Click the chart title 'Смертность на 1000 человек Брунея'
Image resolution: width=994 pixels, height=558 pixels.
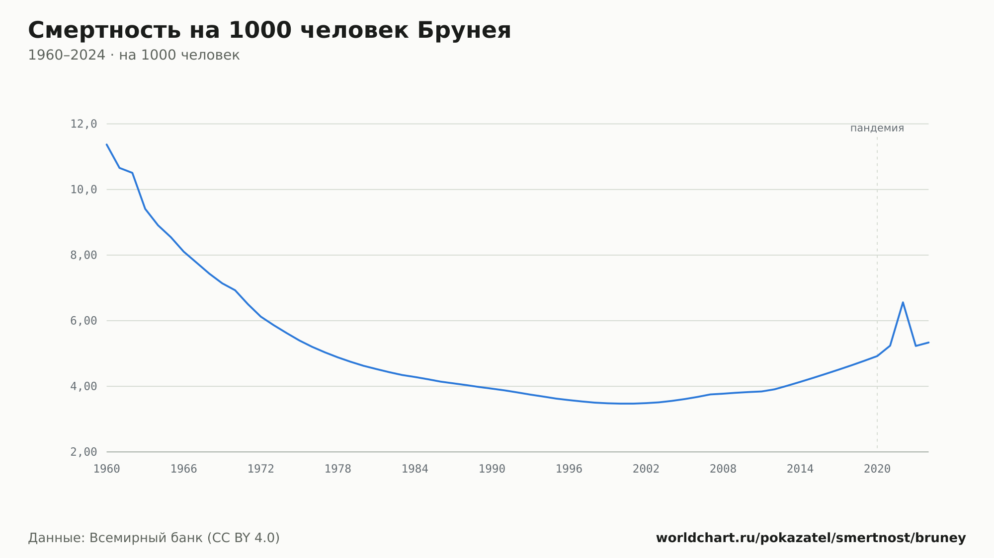click(x=269, y=30)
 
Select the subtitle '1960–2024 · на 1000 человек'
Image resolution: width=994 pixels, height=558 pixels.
click(x=134, y=55)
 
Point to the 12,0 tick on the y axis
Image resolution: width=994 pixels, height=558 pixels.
click(x=83, y=124)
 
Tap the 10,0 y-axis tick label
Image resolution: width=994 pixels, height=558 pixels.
click(x=83, y=190)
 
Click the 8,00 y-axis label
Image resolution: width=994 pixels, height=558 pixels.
click(x=83, y=255)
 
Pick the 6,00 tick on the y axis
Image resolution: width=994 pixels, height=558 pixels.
click(x=83, y=321)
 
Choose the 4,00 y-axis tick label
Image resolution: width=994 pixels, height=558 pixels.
click(x=83, y=386)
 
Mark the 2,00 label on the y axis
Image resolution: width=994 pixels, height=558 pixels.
click(x=83, y=452)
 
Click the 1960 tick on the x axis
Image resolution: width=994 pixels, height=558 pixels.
click(x=107, y=469)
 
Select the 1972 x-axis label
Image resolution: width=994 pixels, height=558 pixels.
click(x=261, y=469)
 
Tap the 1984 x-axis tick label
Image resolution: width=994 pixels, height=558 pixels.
click(x=415, y=469)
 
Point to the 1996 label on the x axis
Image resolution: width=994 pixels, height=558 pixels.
click(x=569, y=469)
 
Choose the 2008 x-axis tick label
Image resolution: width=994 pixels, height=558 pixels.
click(x=723, y=469)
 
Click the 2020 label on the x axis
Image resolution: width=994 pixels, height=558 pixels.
click(x=877, y=469)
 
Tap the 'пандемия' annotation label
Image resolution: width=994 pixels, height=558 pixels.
click(x=877, y=128)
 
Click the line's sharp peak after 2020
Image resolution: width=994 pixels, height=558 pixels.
click(x=903, y=302)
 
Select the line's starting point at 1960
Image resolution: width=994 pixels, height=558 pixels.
click(x=107, y=144)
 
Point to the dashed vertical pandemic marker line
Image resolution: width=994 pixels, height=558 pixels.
click(x=877, y=293)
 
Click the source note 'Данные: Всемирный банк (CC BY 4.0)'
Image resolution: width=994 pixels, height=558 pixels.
click(x=154, y=538)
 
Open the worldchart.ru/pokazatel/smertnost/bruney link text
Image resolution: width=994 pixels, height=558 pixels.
click(x=811, y=538)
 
